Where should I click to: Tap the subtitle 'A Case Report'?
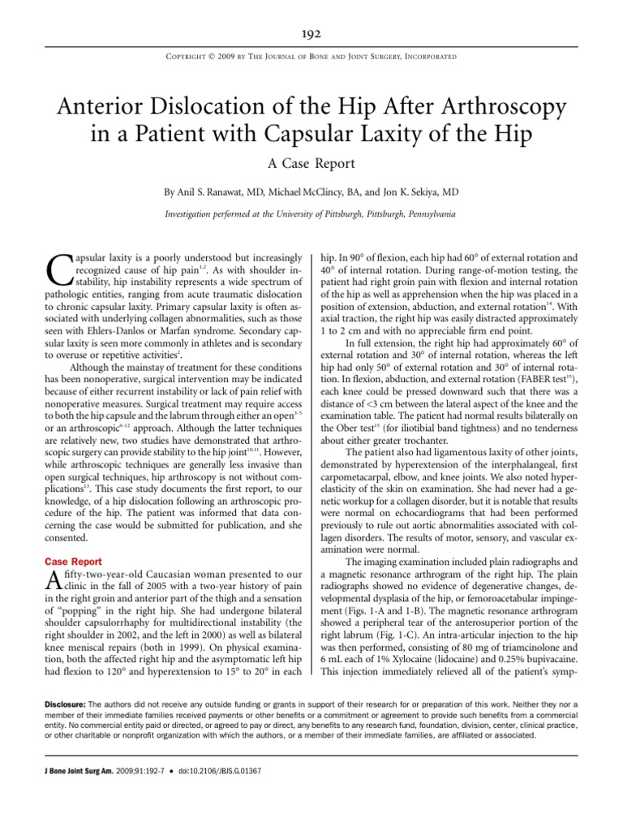coord(311,163)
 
